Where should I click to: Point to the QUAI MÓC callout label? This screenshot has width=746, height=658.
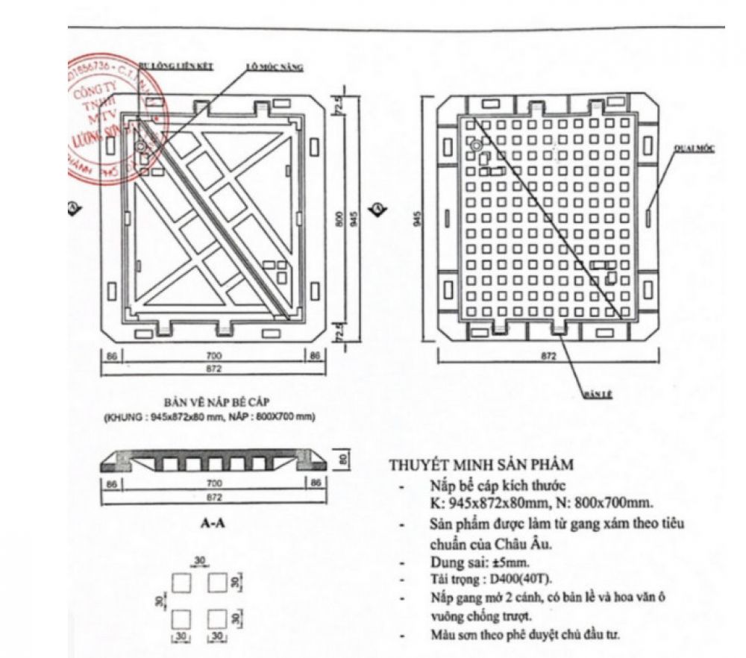click(x=695, y=148)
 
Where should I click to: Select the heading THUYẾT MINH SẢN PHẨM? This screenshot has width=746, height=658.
click(x=481, y=465)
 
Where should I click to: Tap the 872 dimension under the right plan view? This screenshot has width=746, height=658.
click(x=549, y=357)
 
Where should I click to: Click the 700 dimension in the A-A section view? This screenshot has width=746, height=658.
click(x=215, y=483)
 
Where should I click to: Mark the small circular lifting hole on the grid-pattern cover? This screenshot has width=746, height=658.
click(x=474, y=147)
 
